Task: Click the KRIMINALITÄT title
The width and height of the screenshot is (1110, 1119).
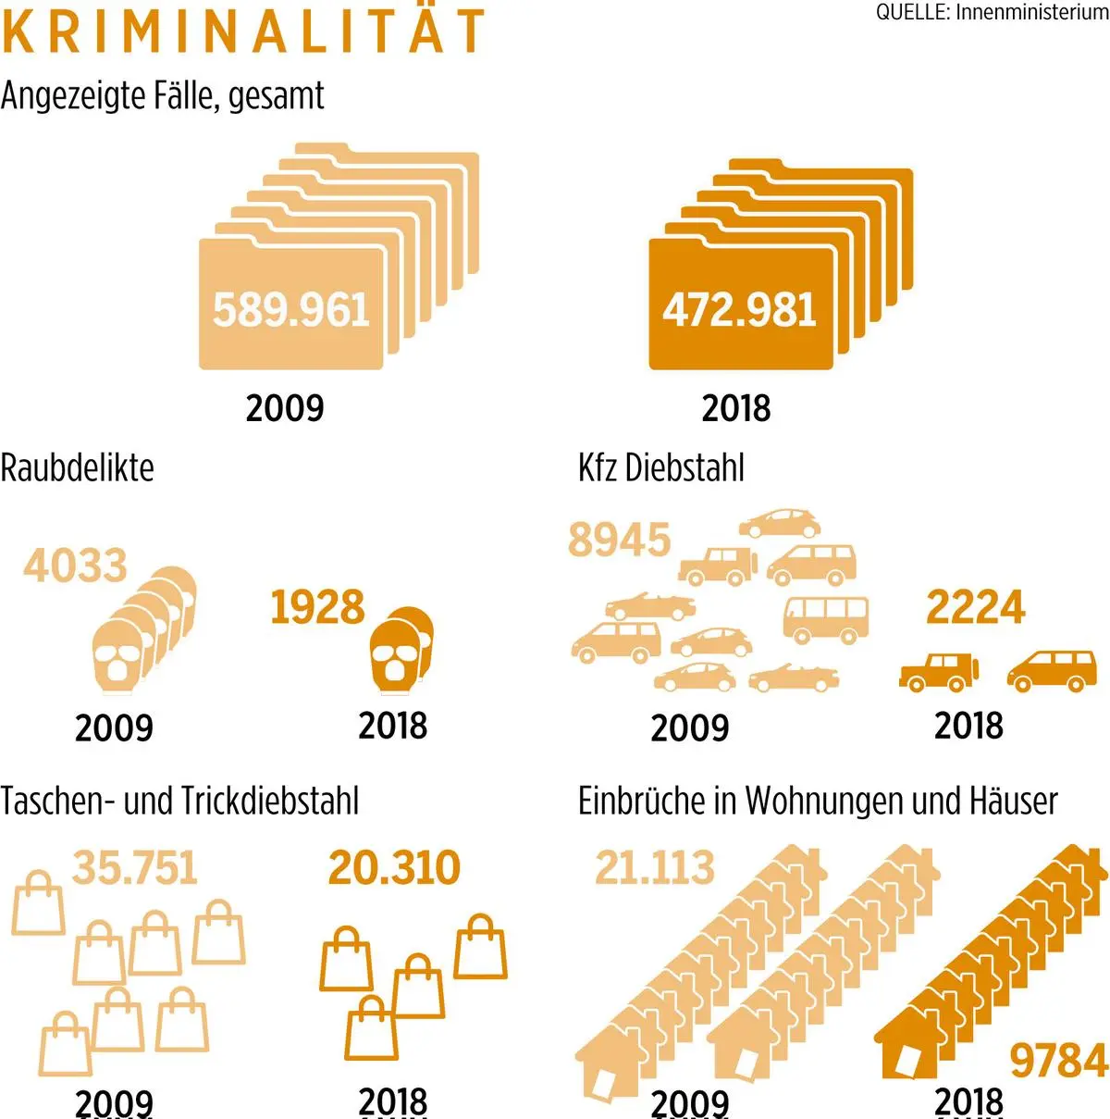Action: (x=242, y=31)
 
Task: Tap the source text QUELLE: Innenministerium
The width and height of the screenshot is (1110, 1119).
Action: (x=992, y=13)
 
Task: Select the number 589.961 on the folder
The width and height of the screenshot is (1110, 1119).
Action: (x=291, y=309)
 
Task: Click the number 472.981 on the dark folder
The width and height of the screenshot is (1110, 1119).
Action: (x=739, y=309)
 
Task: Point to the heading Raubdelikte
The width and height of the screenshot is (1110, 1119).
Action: (x=77, y=467)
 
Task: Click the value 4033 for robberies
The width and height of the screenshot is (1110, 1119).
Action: (x=75, y=566)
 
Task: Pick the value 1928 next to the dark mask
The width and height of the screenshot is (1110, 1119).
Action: (x=317, y=607)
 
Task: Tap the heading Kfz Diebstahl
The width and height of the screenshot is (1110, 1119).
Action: (x=660, y=467)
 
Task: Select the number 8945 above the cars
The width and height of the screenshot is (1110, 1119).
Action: (x=619, y=540)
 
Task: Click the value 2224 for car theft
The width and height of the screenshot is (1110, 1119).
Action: (x=975, y=607)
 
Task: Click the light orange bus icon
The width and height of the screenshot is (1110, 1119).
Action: (x=825, y=618)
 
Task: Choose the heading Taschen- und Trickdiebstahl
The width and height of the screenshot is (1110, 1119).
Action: (x=179, y=801)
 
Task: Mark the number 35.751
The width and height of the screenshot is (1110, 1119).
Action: (x=135, y=867)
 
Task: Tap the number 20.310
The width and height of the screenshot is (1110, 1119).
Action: (x=394, y=867)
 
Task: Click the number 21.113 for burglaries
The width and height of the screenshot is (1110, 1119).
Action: (x=654, y=867)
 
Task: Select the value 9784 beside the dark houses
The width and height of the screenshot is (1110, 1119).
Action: (x=1058, y=1061)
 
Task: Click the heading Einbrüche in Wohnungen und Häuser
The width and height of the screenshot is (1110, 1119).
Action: (x=818, y=801)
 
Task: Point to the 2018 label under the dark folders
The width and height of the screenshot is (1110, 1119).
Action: (x=735, y=408)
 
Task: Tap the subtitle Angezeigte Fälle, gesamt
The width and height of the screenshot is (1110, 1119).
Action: (x=163, y=95)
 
